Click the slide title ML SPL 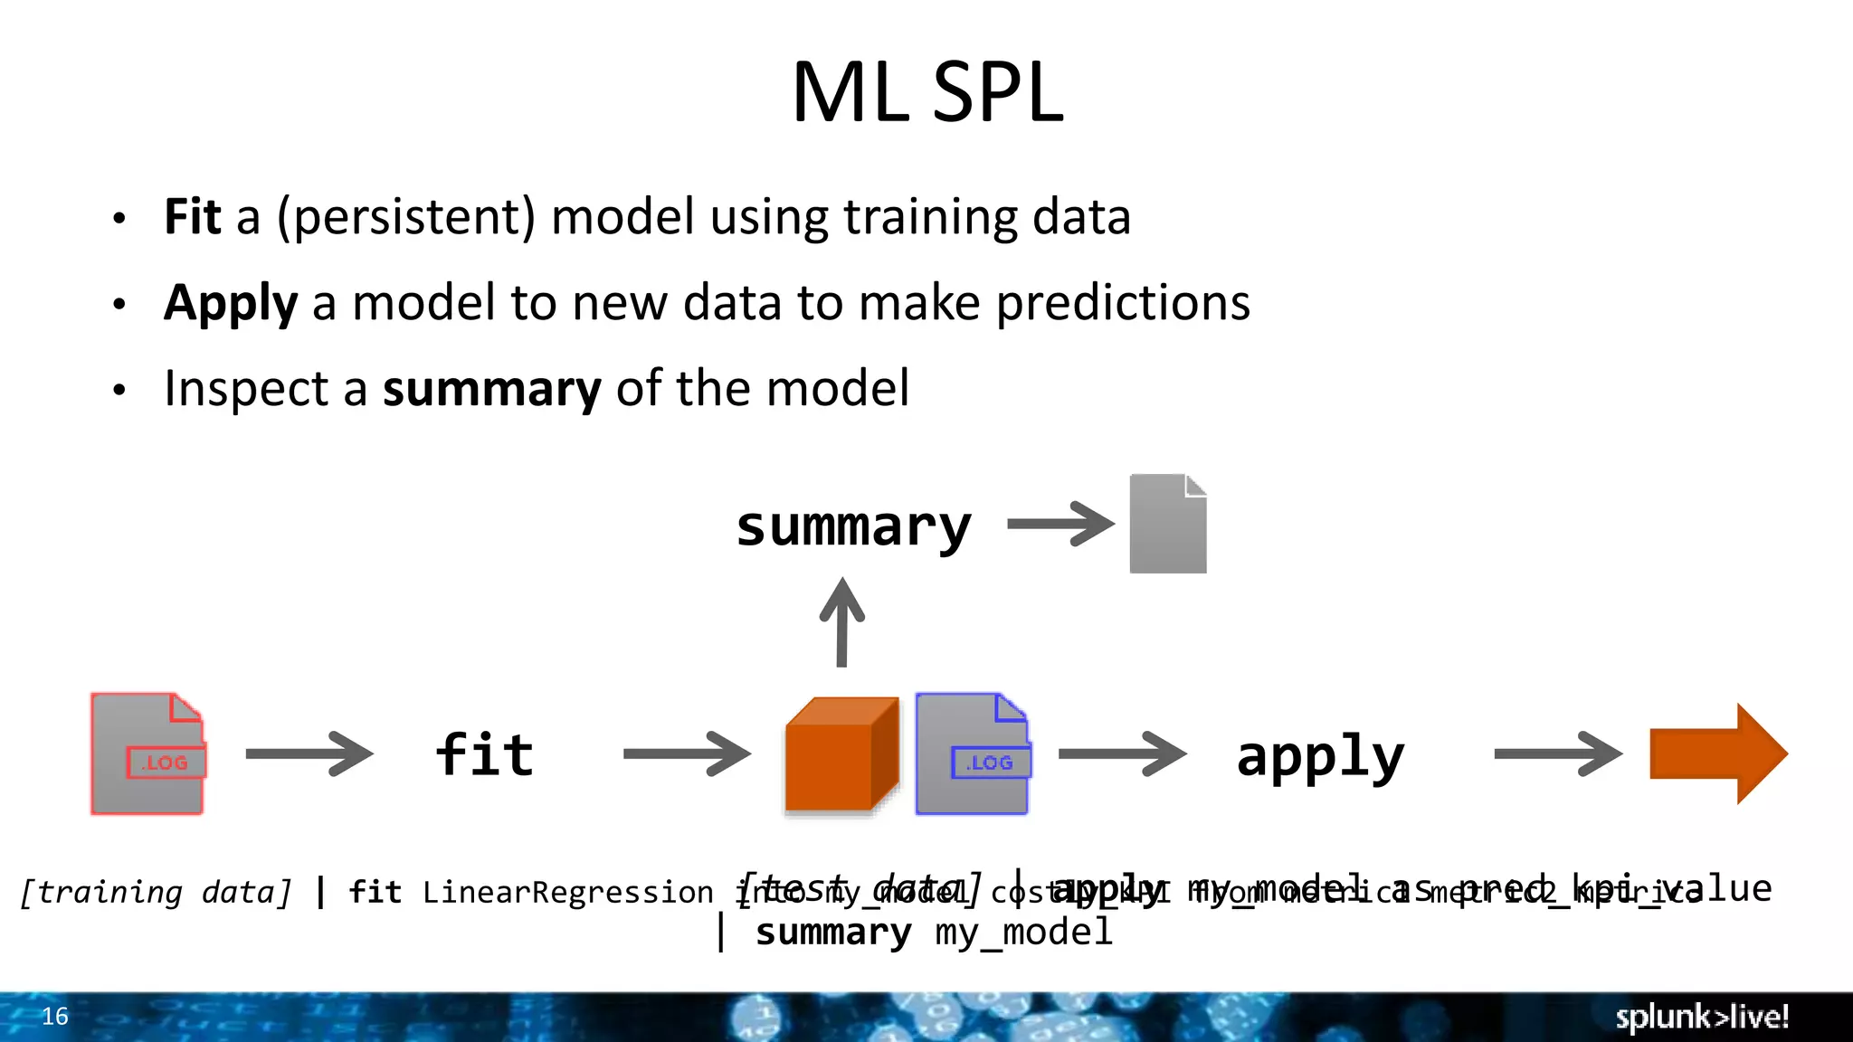(926, 92)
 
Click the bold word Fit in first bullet (192, 217)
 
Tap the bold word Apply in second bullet (230, 303)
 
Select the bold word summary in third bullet (491, 389)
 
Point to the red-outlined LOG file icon (147, 753)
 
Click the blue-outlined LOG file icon (973, 753)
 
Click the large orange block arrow (1717, 753)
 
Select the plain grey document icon (1167, 524)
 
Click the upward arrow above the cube (841, 622)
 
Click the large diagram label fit (485, 755)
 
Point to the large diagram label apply (1320, 758)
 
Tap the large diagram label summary (853, 526)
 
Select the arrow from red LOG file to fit (309, 753)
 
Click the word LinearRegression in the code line (567, 893)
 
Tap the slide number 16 (55, 1017)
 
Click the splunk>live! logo (1701, 1017)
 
